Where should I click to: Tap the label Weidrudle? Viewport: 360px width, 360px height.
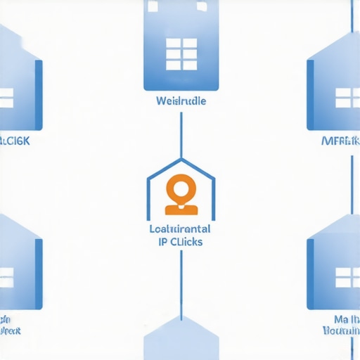[x=181, y=101]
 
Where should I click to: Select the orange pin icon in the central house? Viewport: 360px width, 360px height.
[x=180, y=194]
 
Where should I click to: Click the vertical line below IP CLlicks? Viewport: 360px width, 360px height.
[x=181, y=281]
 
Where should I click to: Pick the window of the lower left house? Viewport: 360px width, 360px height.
[x=6, y=276]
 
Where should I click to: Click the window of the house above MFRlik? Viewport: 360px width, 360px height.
[x=347, y=97]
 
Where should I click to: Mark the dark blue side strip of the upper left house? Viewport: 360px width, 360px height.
[x=39, y=95]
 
